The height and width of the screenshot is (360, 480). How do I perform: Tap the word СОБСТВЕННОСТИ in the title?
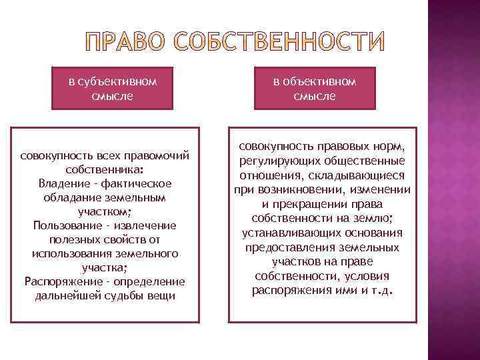click(x=280, y=42)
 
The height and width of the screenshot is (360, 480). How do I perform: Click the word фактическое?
click(x=139, y=183)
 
